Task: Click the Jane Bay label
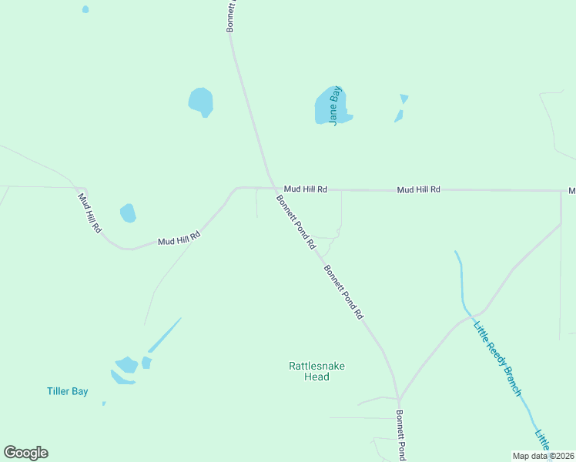335,105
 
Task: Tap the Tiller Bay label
68,391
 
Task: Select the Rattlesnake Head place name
309,371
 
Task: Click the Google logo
25,453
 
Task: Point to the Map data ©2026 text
543,456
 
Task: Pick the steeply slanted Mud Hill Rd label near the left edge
90,213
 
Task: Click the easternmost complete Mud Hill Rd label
419,189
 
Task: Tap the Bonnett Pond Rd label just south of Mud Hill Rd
296,222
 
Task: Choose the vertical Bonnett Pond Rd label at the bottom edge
401,435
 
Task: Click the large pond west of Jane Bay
201,101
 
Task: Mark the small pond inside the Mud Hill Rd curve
128,213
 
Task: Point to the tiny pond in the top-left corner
85,9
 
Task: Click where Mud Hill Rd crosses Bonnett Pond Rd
273,187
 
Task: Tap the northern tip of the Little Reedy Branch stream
457,252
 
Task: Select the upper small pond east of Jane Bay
404,99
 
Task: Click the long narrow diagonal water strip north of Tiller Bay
164,335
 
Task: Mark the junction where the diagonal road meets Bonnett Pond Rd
399,399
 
